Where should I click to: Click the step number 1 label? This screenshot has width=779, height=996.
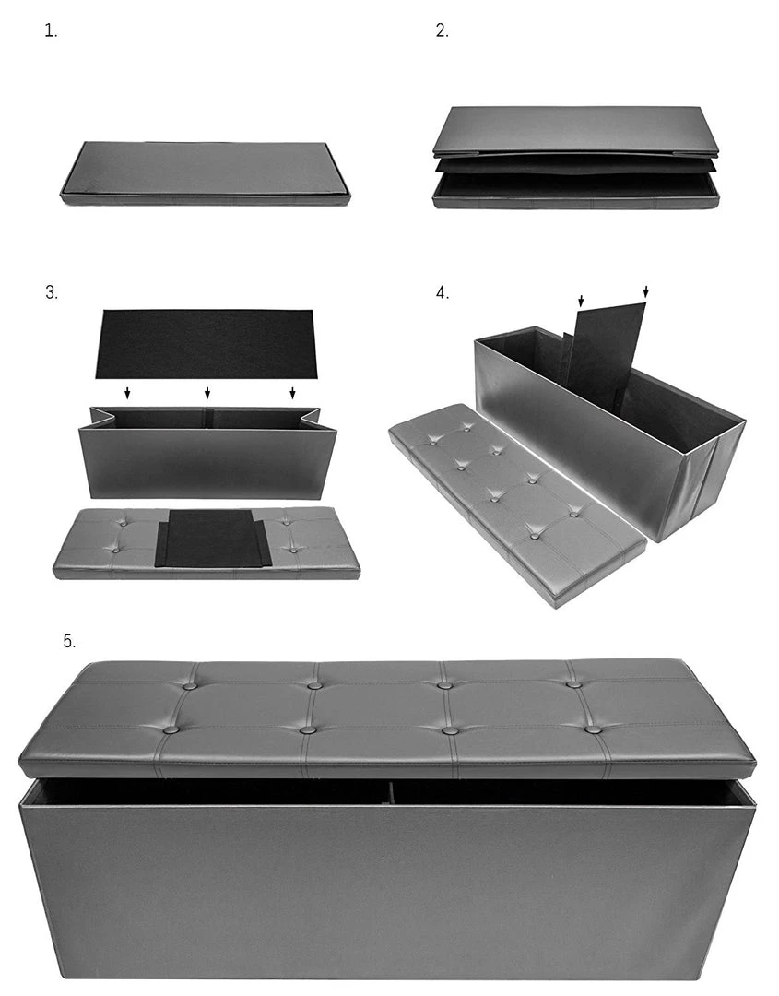[51, 30]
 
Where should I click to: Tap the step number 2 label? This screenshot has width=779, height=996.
[442, 30]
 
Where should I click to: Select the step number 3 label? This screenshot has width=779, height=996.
[51, 293]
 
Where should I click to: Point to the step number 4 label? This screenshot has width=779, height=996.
[442, 293]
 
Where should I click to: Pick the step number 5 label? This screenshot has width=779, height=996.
[69, 641]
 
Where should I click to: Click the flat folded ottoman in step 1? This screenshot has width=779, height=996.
[206, 172]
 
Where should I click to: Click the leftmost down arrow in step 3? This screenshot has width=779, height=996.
[127, 393]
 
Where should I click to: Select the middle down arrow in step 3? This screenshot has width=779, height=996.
[207, 393]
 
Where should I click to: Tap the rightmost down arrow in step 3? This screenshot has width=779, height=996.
[292, 393]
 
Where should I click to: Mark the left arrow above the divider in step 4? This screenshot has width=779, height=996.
[581, 301]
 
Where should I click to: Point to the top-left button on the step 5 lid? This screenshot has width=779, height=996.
[189, 686]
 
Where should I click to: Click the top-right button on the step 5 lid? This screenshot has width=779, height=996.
[573, 684]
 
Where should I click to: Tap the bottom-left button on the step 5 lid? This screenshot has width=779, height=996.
[171, 729]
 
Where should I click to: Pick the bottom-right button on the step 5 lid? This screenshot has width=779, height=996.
[594, 729]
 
